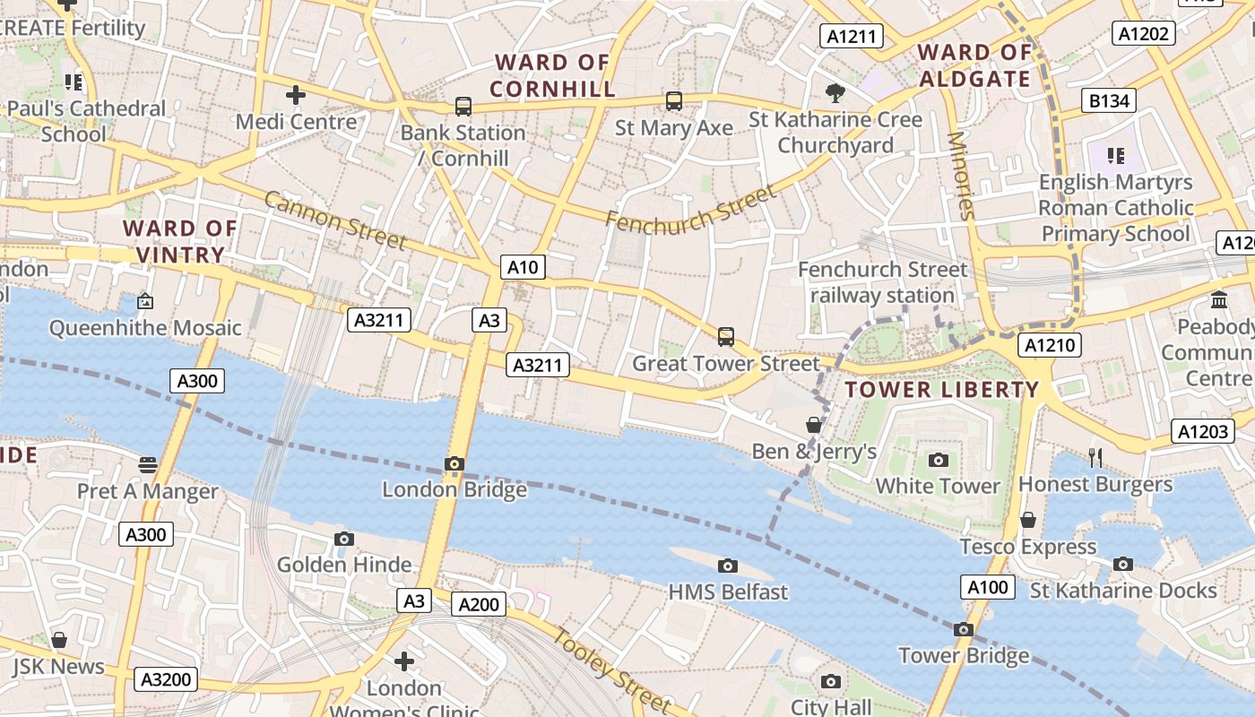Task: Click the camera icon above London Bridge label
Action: [x=454, y=463]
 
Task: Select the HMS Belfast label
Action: [x=728, y=592]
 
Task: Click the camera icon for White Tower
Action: [x=939, y=460]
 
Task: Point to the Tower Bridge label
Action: [x=964, y=656]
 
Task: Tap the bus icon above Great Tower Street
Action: [x=726, y=337]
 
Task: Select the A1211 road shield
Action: [x=852, y=36]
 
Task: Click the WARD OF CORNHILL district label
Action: [x=553, y=75]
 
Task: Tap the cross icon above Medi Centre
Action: [x=296, y=94]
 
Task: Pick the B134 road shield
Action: [x=1109, y=101]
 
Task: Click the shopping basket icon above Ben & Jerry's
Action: [x=813, y=424]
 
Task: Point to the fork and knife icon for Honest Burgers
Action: [x=1095, y=458]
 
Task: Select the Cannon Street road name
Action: [x=336, y=221]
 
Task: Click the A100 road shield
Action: [x=989, y=588]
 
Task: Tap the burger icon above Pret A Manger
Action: [x=148, y=464]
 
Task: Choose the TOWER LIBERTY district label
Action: [x=942, y=390]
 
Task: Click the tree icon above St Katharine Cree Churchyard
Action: [x=835, y=92]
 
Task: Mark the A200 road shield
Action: [x=479, y=605]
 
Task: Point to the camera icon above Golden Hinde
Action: [x=343, y=539]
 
